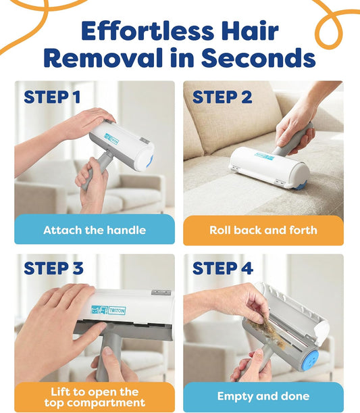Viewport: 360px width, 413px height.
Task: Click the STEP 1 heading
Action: click(57, 97)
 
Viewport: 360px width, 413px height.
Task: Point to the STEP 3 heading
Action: click(54, 268)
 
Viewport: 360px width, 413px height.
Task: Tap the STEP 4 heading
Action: click(223, 268)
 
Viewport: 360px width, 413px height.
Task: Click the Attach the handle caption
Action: click(95, 230)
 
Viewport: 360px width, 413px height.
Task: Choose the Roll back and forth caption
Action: click(263, 230)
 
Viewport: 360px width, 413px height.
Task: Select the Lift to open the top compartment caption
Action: click(95, 397)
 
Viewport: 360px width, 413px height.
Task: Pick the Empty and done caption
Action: click(263, 396)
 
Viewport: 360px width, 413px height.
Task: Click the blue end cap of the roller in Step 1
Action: click(150, 162)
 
